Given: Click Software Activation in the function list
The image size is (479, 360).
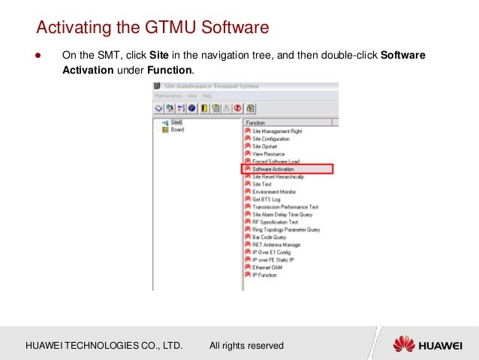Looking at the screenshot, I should coord(273,169).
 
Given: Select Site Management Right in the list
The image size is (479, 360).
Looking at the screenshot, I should coord(277,132).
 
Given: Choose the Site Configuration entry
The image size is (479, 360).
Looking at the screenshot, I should coord(271,139).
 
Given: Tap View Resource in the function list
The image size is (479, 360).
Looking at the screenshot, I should coord(268,154).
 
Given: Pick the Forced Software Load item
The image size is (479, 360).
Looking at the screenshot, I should coord(276,162).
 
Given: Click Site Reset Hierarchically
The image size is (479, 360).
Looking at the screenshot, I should coord(278,177).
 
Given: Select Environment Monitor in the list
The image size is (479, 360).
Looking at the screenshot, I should coord(273,192).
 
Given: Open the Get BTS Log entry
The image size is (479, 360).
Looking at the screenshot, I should coord(267,199).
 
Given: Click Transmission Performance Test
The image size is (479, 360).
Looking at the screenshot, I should coord(285,207).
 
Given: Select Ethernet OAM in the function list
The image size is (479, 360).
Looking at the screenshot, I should coord(269,268).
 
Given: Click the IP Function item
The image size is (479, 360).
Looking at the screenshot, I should coord(265,275).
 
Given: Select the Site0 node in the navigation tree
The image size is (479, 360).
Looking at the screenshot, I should coord(176,122).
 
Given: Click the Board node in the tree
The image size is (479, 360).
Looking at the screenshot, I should coord(177,129).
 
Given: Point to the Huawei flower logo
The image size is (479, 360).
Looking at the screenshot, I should coord(404,345).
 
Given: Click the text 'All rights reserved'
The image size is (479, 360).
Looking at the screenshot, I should coord(246,346).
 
